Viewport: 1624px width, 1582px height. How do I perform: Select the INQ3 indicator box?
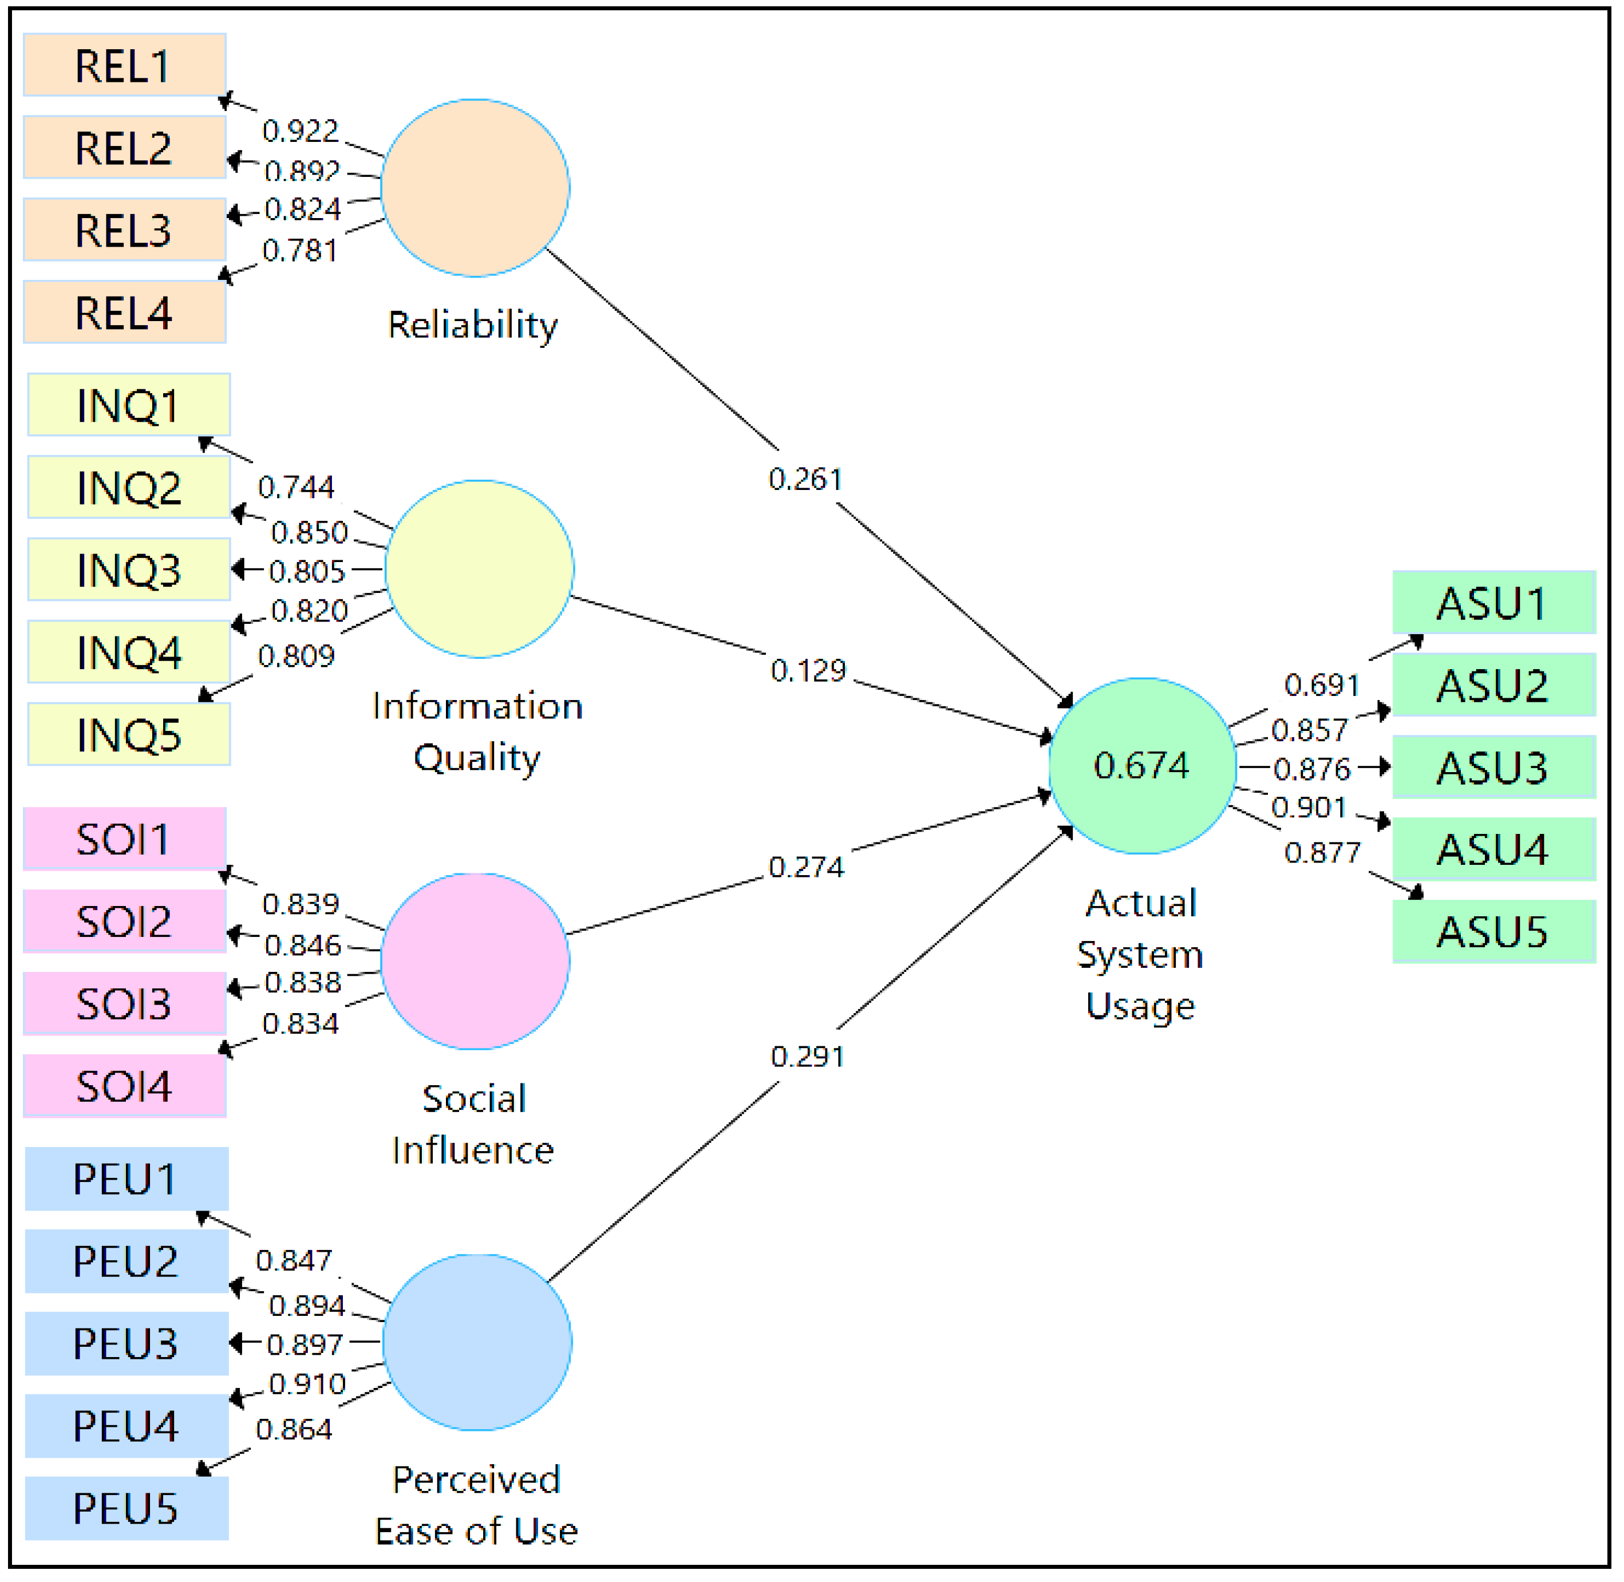click(129, 571)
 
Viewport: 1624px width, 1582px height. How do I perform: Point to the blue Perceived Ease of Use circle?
click(478, 1343)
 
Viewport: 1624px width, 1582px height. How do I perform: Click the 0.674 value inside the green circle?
click(1143, 766)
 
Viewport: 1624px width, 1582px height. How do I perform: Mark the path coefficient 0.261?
click(805, 480)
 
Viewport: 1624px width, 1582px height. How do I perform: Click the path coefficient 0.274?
click(806, 868)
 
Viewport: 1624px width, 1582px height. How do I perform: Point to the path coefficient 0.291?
click(808, 1058)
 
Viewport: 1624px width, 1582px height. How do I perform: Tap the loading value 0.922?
click(300, 131)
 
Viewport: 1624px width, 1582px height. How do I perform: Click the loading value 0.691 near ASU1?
click(1322, 686)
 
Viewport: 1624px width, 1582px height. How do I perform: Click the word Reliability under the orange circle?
click(473, 325)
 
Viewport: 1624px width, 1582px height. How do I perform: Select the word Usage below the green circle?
click(1141, 1007)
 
